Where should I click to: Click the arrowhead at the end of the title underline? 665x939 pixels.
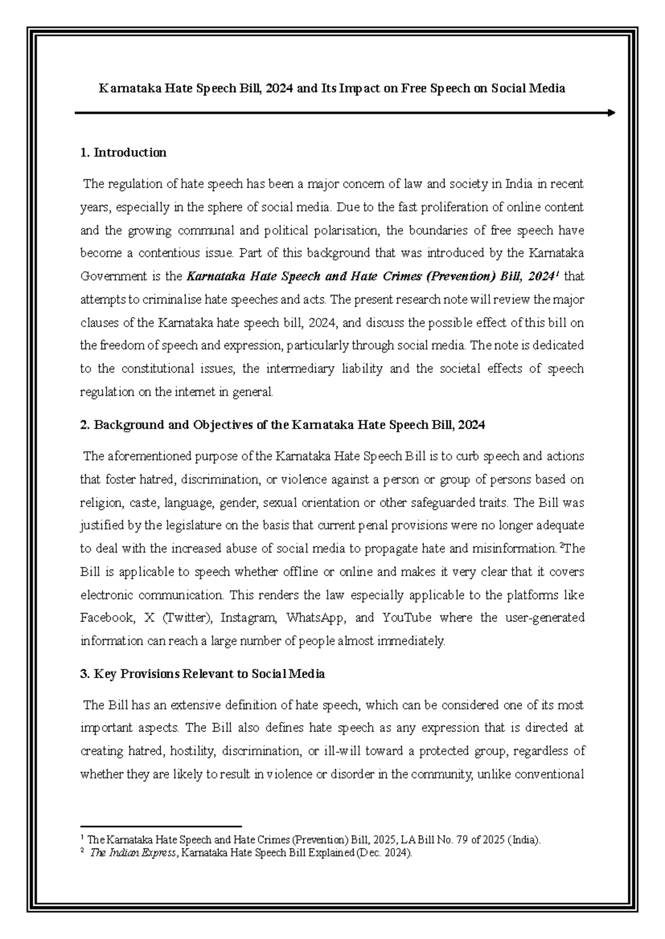pyautogui.click(x=611, y=113)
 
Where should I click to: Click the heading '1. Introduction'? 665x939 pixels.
pyautogui.click(x=123, y=153)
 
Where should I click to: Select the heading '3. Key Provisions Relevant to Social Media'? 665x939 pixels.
pyautogui.click(x=202, y=674)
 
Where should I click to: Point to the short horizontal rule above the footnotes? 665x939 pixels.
pyautogui.click(x=161, y=826)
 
